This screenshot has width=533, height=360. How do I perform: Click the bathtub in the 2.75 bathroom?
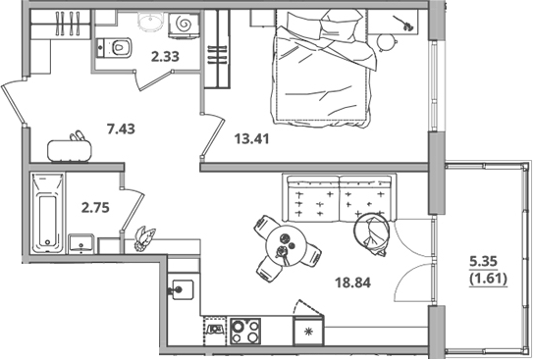pos(45,213)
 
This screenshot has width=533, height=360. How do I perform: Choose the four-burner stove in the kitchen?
pos(245,330)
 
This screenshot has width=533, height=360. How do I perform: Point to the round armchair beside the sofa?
pos(374,232)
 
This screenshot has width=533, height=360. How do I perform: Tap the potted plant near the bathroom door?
pos(145,236)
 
